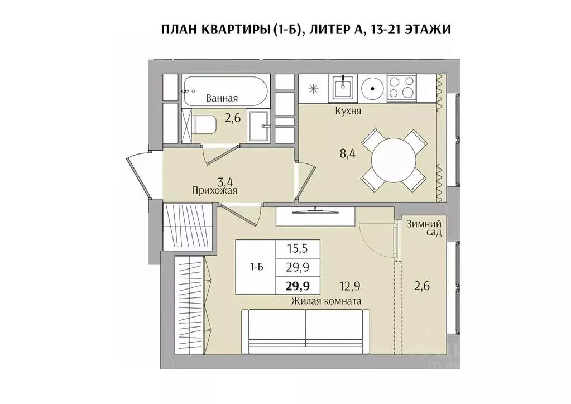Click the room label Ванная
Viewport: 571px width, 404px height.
222,98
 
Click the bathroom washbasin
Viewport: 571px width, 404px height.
260,126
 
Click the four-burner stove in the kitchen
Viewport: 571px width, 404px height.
401,88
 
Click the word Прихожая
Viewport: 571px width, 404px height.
214,191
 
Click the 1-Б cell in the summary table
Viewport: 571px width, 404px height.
256,267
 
